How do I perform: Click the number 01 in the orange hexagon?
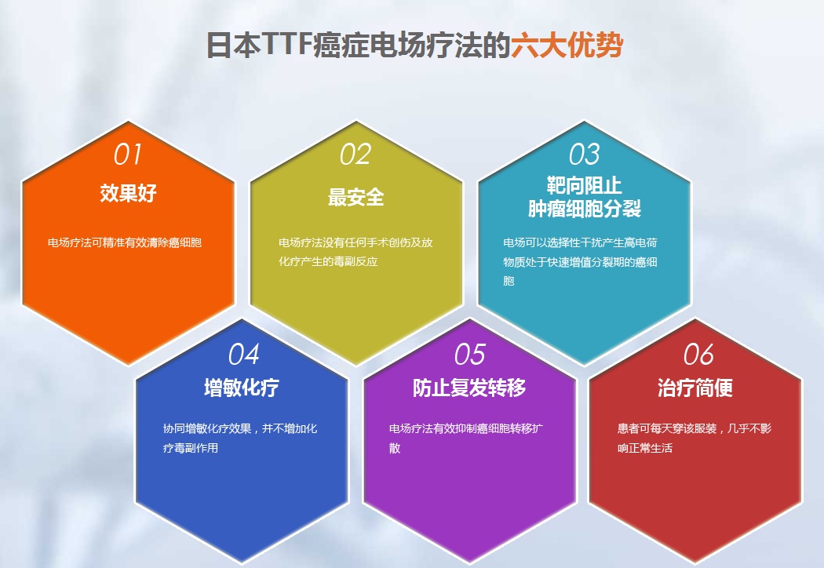pyautogui.click(x=128, y=155)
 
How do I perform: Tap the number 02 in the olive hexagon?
pyautogui.click(x=355, y=155)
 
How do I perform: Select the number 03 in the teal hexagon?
pyautogui.click(x=584, y=155)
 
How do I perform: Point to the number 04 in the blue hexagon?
pyautogui.click(x=244, y=355)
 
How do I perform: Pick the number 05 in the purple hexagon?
pyautogui.click(x=470, y=355)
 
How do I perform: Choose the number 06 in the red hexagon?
pyautogui.click(x=698, y=355)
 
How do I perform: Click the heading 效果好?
pyautogui.click(x=128, y=193)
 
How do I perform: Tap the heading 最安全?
pyautogui.click(x=355, y=198)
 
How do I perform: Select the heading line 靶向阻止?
pyautogui.click(x=584, y=185)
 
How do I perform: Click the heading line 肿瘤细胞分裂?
pyautogui.click(x=585, y=209)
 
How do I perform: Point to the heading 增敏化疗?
pyautogui.click(x=241, y=388)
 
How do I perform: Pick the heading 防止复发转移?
pyautogui.click(x=469, y=388)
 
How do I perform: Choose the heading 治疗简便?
pyautogui.click(x=695, y=388)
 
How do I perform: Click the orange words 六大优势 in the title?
pyautogui.click(x=567, y=46)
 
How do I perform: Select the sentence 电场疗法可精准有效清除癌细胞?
pyautogui.click(x=125, y=242)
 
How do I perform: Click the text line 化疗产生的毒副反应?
pyautogui.click(x=329, y=262)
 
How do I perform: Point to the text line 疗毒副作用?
pyautogui.click(x=190, y=448)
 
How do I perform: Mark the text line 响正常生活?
pyautogui.click(x=645, y=448)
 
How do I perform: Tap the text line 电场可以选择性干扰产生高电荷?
pyautogui.click(x=580, y=242)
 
